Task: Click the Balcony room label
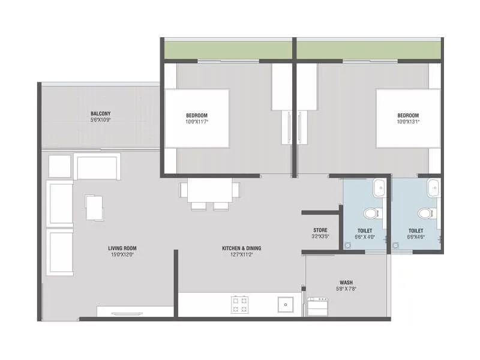(100, 113)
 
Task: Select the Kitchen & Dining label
(241, 248)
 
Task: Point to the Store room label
(320, 230)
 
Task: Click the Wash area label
(346, 282)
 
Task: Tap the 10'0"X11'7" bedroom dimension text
(196, 122)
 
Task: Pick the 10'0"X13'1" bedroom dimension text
(407, 122)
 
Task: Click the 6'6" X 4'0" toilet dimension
(365, 238)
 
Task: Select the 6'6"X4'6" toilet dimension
(416, 238)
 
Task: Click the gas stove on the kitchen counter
(240, 305)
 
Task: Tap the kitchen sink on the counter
(285, 304)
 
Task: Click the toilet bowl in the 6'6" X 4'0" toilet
(371, 213)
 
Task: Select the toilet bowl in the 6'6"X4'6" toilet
(425, 213)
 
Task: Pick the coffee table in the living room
(95, 207)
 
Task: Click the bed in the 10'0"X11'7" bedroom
(197, 118)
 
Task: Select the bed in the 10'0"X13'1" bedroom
(408, 118)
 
